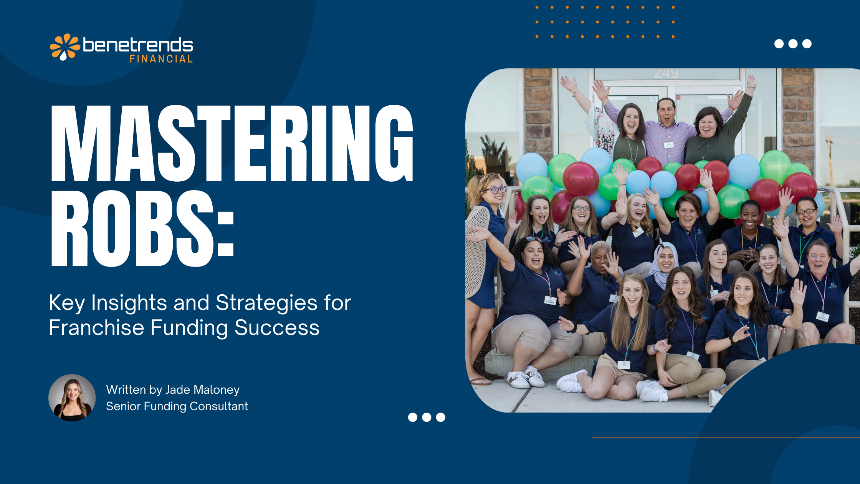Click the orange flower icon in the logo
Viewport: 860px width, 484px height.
pos(64,47)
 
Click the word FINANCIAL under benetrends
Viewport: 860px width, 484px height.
pos(161,59)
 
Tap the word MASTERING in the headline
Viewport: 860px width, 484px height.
pos(232,143)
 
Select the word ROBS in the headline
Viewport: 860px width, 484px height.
pos(132,228)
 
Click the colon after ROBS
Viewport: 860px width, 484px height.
pos(225,235)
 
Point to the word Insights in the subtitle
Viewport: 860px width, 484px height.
pos(129,303)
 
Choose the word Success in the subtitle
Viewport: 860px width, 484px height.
pos(277,328)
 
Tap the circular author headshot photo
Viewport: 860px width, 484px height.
pos(72,398)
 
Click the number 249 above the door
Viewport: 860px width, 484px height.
pos(666,73)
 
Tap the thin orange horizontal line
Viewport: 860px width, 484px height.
pos(726,438)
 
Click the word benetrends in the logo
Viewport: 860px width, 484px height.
pos(138,45)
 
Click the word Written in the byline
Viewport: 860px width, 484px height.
pos(126,390)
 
